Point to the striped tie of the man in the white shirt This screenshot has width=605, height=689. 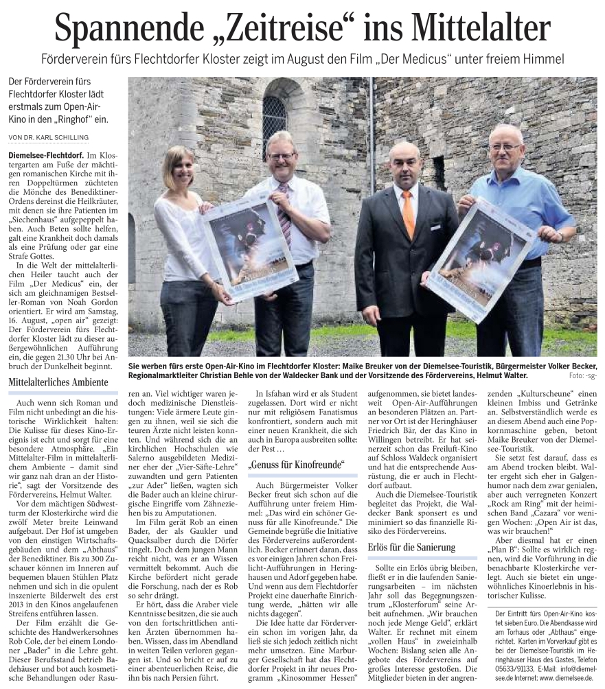click(x=284, y=215)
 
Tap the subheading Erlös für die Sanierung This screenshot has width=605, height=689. click(x=411, y=547)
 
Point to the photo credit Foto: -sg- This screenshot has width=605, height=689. click(x=582, y=375)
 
